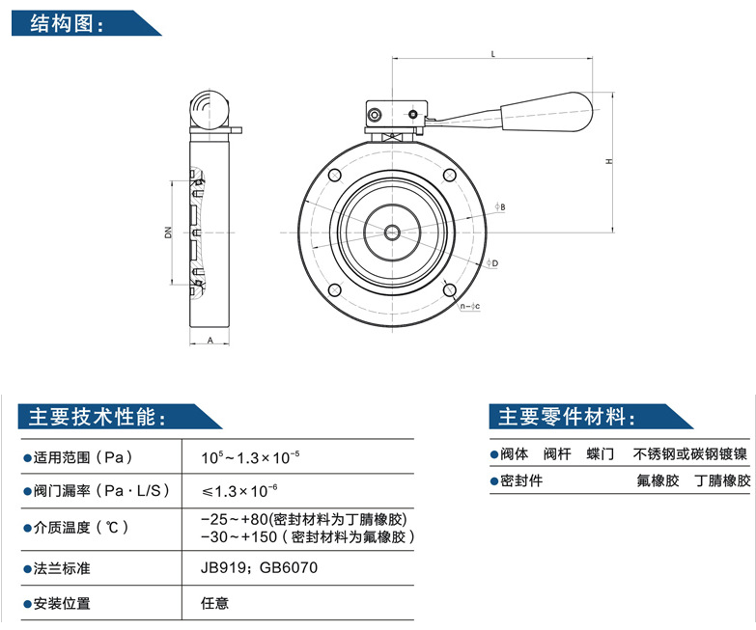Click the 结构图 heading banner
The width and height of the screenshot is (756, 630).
point(86,22)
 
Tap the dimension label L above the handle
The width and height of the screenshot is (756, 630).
point(492,54)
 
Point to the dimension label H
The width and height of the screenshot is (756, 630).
point(609,161)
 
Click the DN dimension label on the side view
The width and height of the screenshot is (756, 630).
point(168,233)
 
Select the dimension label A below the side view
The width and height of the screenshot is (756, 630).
point(210,340)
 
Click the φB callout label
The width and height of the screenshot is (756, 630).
point(500,207)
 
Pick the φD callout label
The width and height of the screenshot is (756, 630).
point(492,263)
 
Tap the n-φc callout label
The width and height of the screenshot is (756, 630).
point(470,306)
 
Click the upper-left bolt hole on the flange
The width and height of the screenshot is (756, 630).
point(335,175)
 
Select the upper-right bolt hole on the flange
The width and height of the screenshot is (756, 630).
point(449,175)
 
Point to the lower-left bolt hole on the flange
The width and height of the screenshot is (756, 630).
point(335,290)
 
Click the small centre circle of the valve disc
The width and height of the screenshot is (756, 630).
point(392,233)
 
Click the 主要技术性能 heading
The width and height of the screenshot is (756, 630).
point(98,417)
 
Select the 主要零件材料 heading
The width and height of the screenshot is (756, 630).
point(568,417)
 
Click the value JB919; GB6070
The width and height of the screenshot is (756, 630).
point(260,567)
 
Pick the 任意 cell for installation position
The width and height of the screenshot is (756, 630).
point(215,603)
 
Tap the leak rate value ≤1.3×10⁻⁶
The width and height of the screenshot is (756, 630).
point(239,490)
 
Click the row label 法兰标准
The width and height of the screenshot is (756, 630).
point(62,568)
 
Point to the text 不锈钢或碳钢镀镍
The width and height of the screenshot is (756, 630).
point(690,453)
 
